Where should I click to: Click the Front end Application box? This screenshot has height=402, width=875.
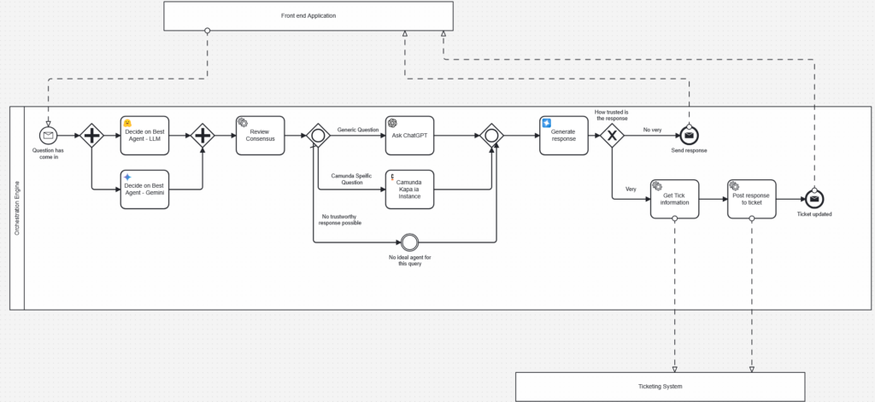(x=308, y=15)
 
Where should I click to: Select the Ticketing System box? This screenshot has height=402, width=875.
(x=661, y=387)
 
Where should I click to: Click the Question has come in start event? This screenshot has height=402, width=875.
(x=48, y=135)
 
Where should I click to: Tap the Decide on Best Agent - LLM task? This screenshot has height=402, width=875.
(x=144, y=136)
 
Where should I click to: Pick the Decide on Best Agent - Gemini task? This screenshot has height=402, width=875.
(x=144, y=189)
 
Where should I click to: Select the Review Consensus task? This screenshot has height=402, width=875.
(x=260, y=136)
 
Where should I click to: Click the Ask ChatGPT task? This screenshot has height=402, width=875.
(x=409, y=136)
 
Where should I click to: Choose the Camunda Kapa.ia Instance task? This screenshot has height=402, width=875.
(x=409, y=189)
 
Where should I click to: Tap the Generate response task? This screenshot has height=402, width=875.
(x=564, y=136)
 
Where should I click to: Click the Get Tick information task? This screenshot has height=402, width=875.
(x=675, y=199)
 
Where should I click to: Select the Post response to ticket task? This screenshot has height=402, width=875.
(x=752, y=199)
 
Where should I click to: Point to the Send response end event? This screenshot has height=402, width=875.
(x=690, y=135)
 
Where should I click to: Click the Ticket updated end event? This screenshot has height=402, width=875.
(x=814, y=199)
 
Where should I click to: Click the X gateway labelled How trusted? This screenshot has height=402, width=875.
(x=612, y=136)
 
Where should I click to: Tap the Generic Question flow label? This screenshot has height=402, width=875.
(x=358, y=130)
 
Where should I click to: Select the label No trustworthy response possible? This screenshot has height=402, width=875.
(x=340, y=219)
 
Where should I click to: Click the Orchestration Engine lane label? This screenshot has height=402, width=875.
(x=17, y=208)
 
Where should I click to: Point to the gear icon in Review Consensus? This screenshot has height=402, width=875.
(x=243, y=122)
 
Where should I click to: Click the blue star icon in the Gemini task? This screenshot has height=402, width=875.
(x=127, y=177)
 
